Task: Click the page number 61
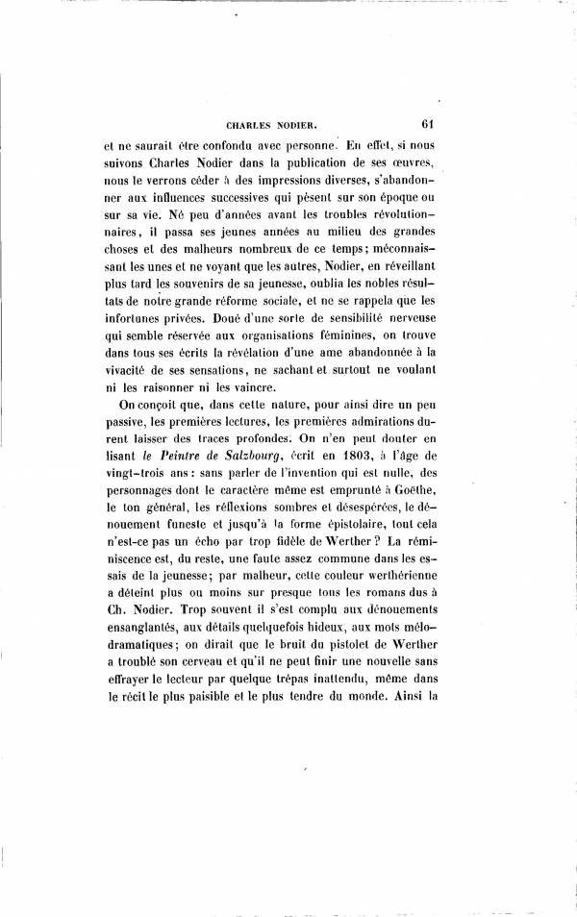click(430, 122)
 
